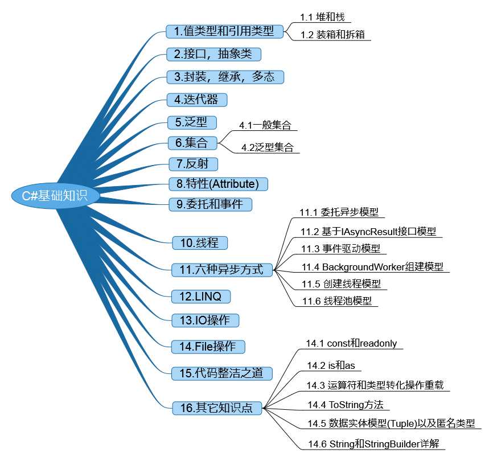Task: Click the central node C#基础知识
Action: (55, 196)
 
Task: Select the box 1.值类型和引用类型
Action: (224, 31)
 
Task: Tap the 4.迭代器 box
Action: (197, 100)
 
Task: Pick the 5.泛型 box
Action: (192, 122)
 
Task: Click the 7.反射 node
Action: (194, 164)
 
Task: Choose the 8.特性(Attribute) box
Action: (218, 184)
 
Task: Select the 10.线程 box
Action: (200, 243)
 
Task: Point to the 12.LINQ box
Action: (201, 297)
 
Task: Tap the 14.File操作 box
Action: (208, 347)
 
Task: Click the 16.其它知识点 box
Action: (217, 408)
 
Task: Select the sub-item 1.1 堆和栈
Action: (322, 17)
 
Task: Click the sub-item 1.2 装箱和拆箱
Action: (332, 35)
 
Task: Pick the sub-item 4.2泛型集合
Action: (268, 147)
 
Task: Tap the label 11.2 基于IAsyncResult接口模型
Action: (368, 232)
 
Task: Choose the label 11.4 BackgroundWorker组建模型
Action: (372, 267)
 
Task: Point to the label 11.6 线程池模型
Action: (337, 301)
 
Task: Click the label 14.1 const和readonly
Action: (351, 343)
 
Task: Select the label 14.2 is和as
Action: (331, 365)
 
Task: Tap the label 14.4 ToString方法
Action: (346, 405)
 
